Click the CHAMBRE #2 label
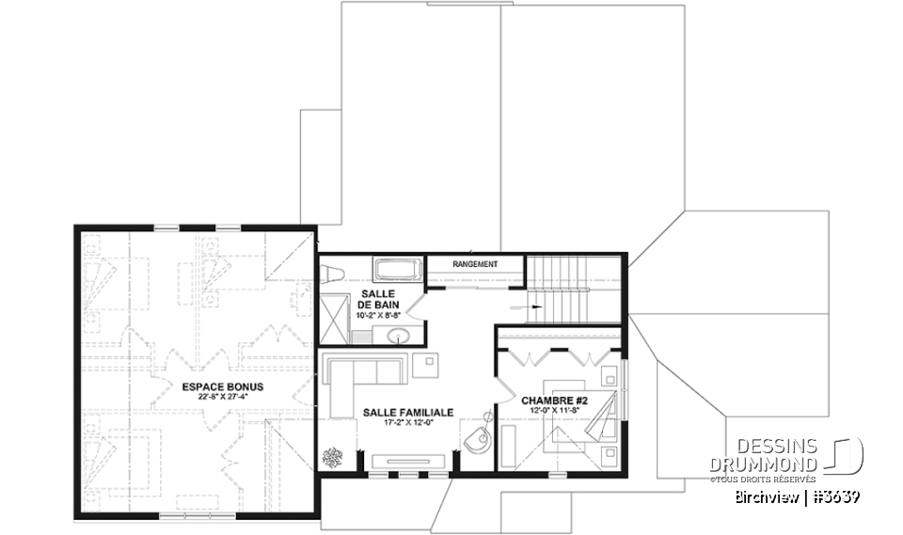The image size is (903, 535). (554, 401)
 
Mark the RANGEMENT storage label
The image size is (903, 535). (474, 264)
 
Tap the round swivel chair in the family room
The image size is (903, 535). (477, 440)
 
